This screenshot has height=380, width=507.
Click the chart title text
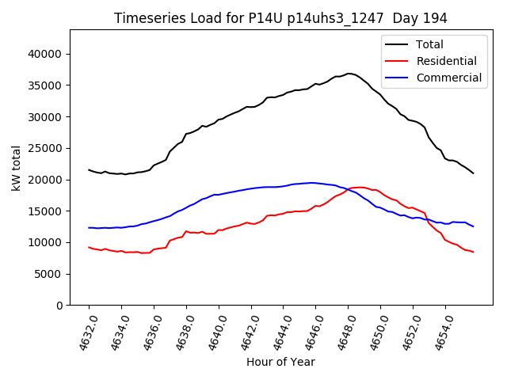click(x=280, y=18)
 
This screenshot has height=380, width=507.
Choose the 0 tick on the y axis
click(x=59, y=306)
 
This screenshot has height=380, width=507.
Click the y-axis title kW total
click(x=17, y=167)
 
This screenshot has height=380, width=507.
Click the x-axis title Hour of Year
click(x=280, y=362)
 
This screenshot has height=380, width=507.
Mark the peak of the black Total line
click(x=349, y=74)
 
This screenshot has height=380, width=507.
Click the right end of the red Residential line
click(x=473, y=252)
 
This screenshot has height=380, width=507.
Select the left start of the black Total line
click(x=89, y=169)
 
